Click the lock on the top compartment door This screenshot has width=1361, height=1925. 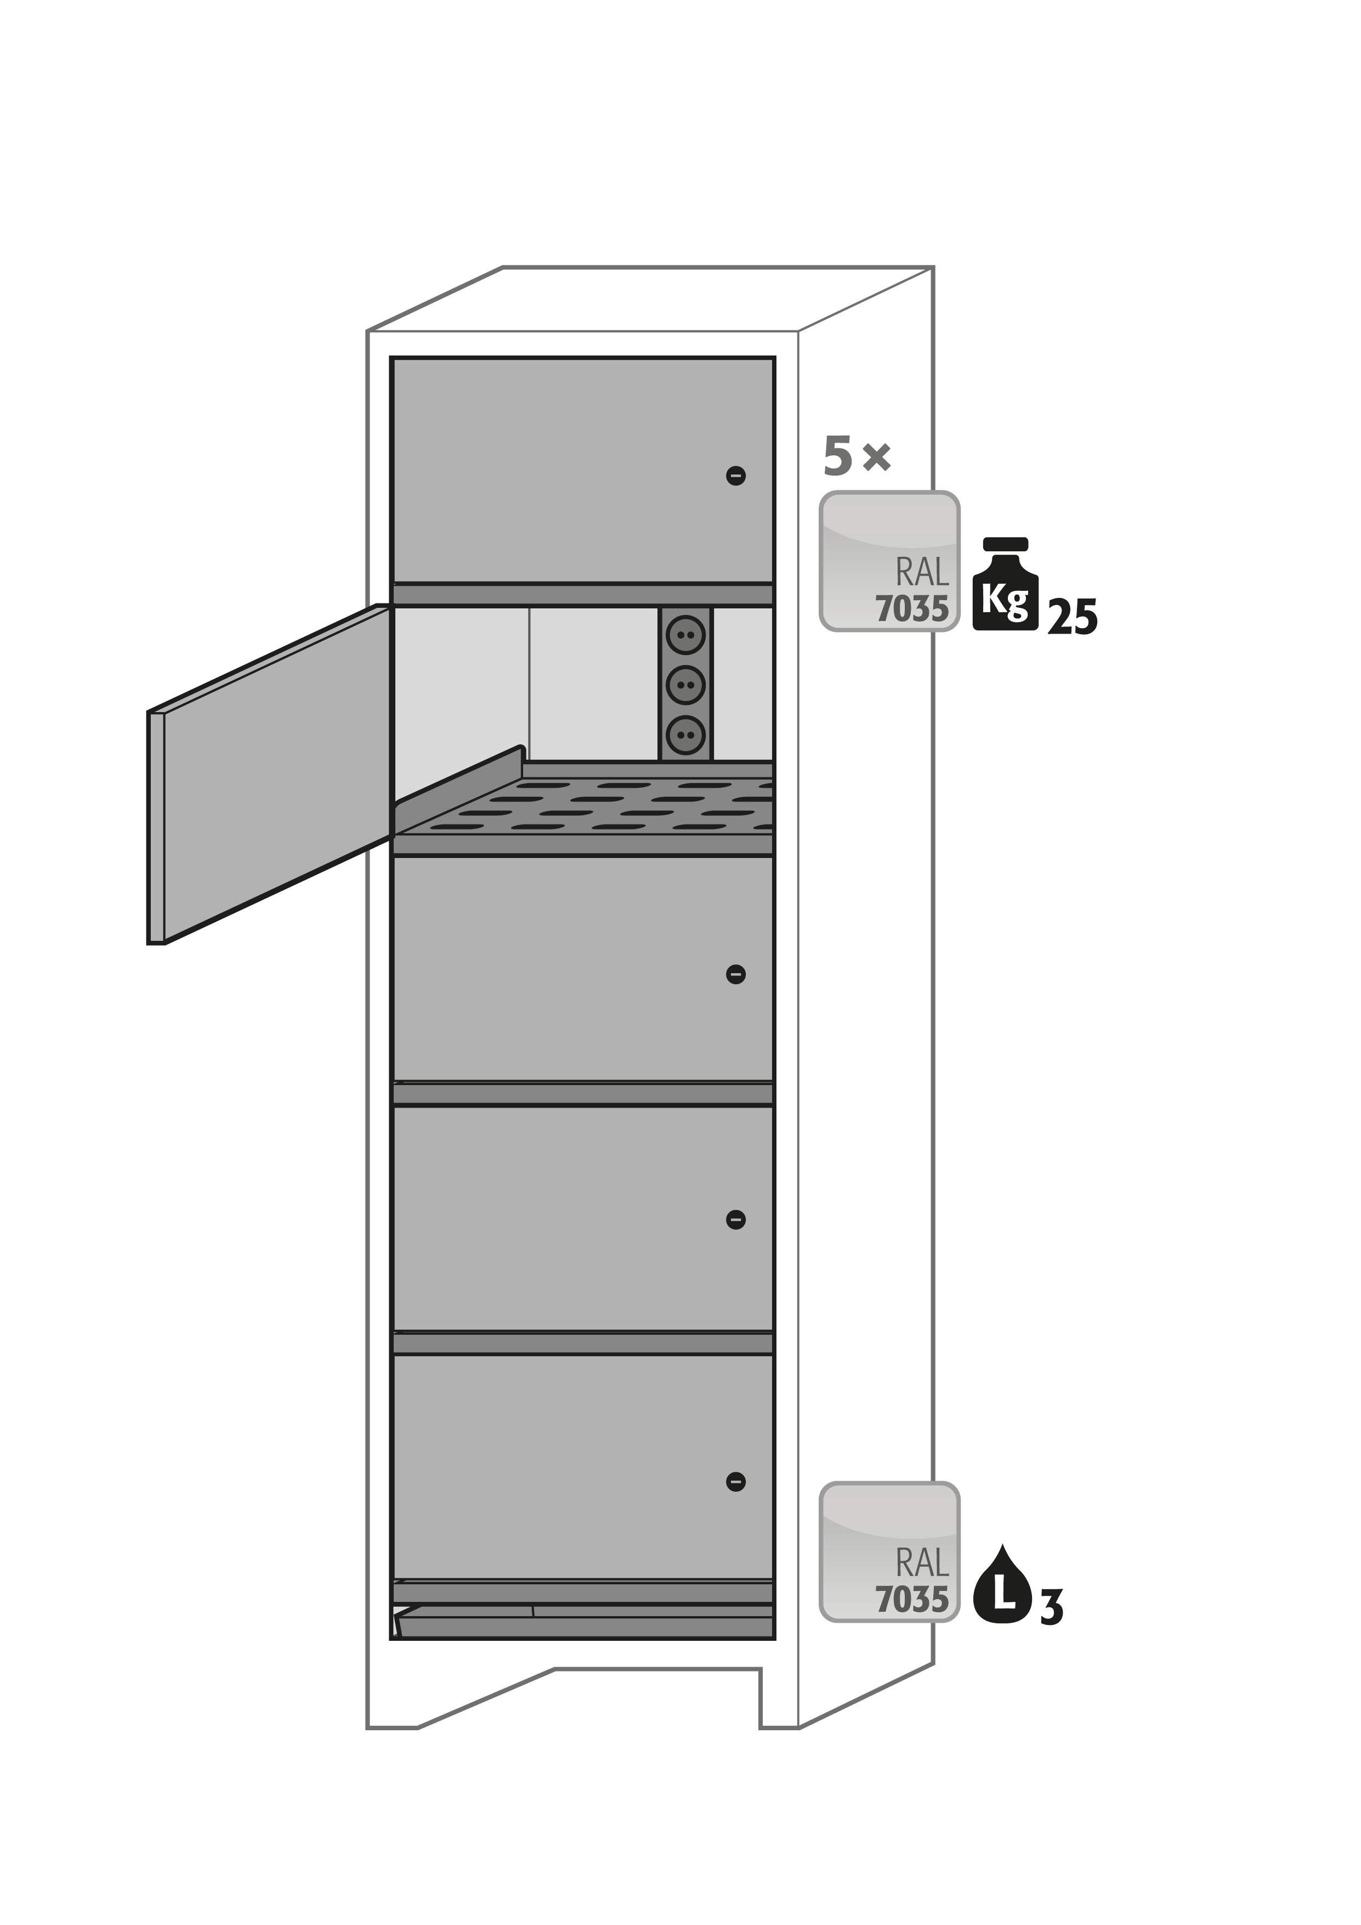736,476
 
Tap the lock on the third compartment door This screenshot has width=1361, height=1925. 736,974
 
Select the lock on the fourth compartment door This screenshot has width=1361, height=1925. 736,1220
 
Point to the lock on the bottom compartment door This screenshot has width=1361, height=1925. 736,1482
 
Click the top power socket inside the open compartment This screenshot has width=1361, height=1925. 685,635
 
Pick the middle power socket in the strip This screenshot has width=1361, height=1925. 685,685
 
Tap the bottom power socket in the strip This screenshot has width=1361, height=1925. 685,735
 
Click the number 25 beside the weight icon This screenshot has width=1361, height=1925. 1072,617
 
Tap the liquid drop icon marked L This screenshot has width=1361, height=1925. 1004,1583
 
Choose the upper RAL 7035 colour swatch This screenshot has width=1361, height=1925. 889,561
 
